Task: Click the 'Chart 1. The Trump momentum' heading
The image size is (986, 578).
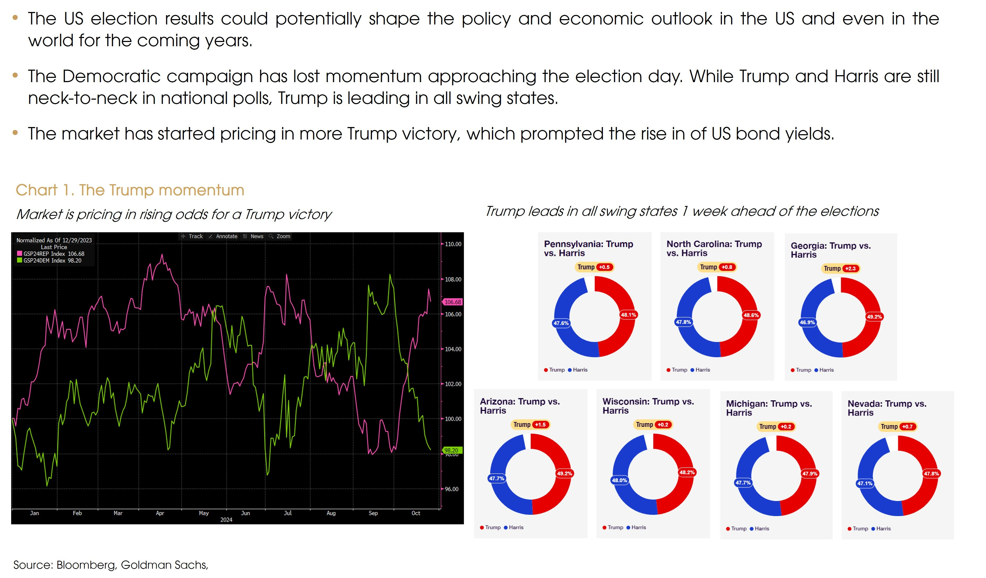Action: click(x=130, y=190)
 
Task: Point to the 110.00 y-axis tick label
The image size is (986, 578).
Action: click(x=453, y=244)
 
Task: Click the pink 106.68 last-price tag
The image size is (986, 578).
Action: click(x=453, y=302)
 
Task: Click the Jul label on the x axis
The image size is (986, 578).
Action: click(x=287, y=513)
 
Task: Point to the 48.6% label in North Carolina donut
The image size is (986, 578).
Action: click(x=751, y=315)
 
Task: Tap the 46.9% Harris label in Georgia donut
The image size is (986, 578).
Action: click(x=807, y=322)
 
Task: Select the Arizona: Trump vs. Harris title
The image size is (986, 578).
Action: click(x=520, y=406)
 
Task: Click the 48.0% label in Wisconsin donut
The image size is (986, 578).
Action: click(x=619, y=480)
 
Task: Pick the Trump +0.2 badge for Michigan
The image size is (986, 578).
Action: click(x=776, y=427)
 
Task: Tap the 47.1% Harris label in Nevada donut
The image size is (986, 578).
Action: click(x=865, y=483)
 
